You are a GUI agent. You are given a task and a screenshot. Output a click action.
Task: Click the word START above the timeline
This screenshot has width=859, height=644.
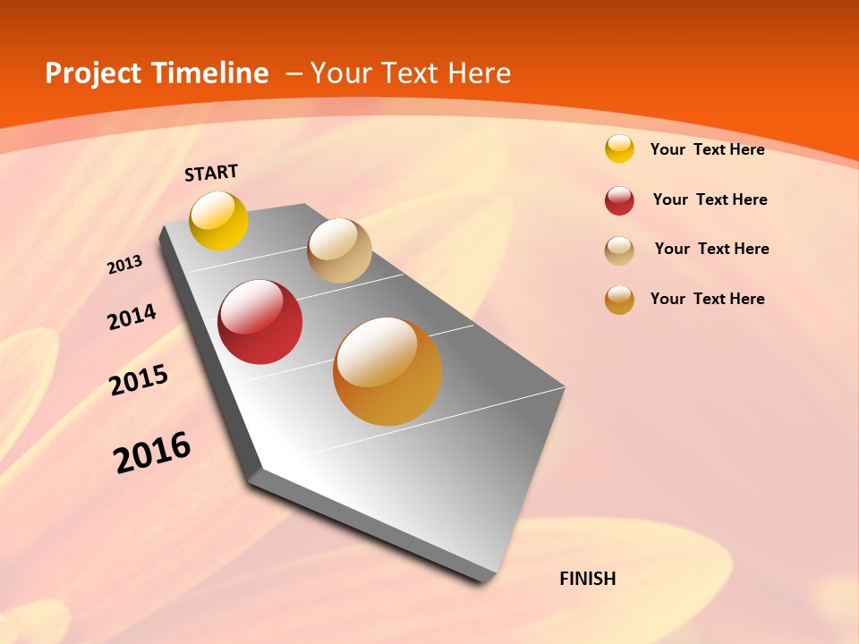pyautogui.click(x=211, y=173)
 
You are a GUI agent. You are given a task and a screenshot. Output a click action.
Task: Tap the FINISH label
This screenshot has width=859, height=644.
pyautogui.click(x=588, y=579)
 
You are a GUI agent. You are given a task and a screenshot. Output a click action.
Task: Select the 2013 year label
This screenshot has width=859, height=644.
pyautogui.click(x=125, y=265)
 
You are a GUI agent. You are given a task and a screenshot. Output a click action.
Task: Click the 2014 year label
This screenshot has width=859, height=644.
pyautogui.click(x=132, y=317)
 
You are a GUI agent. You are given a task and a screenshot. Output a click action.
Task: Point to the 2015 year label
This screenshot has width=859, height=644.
pyautogui.click(x=139, y=381)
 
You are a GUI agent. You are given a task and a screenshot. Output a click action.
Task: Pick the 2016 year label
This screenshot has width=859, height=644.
pyautogui.click(x=152, y=453)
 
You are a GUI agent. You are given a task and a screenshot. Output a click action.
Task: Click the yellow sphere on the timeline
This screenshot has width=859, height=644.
pyautogui.click(x=219, y=220)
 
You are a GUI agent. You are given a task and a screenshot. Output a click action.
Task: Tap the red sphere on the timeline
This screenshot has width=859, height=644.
pyautogui.click(x=259, y=322)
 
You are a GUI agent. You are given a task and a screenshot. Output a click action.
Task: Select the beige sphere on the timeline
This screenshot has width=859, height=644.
pyautogui.click(x=339, y=250)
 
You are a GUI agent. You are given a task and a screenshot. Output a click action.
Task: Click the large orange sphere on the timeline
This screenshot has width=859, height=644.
pyautogui.click(x=387, y=371)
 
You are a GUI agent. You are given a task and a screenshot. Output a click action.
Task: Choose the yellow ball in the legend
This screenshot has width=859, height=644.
pyautogui.click(x=619, y=149)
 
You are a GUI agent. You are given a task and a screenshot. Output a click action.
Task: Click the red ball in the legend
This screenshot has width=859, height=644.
pyautogui.click(x=619, y=200)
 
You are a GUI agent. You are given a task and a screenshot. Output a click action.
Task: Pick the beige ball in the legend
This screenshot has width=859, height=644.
pyautogui.click(x=619, y=250)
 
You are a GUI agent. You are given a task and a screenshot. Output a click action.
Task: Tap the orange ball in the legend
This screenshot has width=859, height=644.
pyautogui.click(x=619, y=300)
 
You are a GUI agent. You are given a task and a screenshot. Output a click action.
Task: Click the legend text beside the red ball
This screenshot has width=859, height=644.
pyautogui.click(x=710, y=199)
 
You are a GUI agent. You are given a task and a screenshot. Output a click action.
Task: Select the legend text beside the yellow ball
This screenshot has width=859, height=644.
pyautogui.click(x=707, y=149)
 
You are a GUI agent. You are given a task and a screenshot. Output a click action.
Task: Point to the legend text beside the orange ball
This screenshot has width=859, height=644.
pyautogui.click(x=707, y=299)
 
